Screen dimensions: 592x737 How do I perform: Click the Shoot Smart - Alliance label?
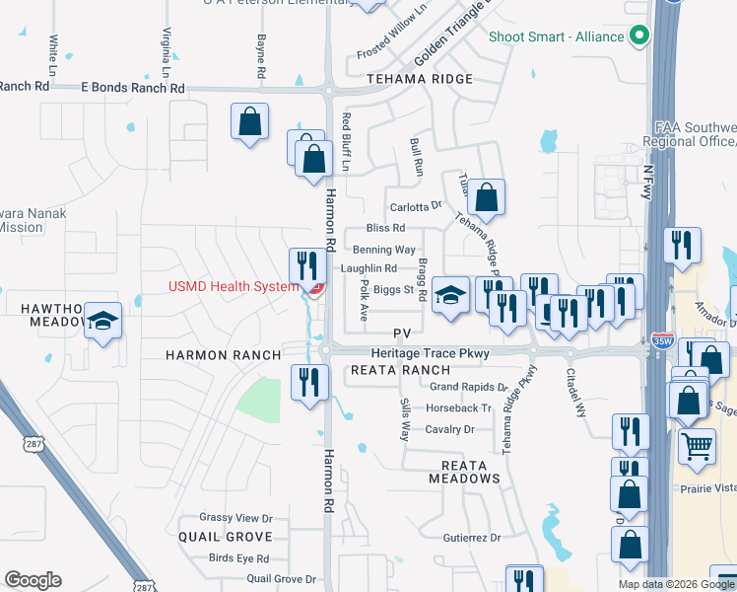pyautogui.click(x=557, y=37)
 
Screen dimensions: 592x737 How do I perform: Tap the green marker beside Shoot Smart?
pyautogui.click(x=638, y=37)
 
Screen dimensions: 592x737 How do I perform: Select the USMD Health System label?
pyautogui.click(x=233, y=287)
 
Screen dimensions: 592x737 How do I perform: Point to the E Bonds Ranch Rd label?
pyautogui.click(x=133, y=88)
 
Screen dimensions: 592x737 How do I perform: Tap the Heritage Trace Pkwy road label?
pyautogui.click(x=430, y=353)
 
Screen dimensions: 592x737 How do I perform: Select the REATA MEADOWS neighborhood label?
pyautogui.click(x=464, y=470)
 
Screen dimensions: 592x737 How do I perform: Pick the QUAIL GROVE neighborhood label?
pyautogui.click(x=225, y=537)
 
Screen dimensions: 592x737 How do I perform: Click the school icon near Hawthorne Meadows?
pyautogui.click(x=102, y=321)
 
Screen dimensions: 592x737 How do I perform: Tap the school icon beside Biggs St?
pyautogui.click(x=450, y=295)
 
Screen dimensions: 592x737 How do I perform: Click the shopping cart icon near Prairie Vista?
pyautogui.click(x=697, y=446)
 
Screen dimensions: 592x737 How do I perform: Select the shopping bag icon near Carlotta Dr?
pyautogui.click(x=487, y=198)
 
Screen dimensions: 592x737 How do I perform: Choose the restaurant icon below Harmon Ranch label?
pyautogui.click(x=310, y=382)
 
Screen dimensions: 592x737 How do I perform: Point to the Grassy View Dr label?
pyautogui.click(x=235, y=517)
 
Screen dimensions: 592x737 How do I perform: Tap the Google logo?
pyautogui.click(x=33, y=580)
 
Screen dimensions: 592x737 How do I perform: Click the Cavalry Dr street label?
pyautogui.click(x=449, y=429)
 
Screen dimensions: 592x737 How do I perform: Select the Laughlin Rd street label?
pyautogui.click(x=368, y=267)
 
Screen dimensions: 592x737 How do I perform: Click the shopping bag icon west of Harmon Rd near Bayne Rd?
pyautogui.click(x=250, y=122)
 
